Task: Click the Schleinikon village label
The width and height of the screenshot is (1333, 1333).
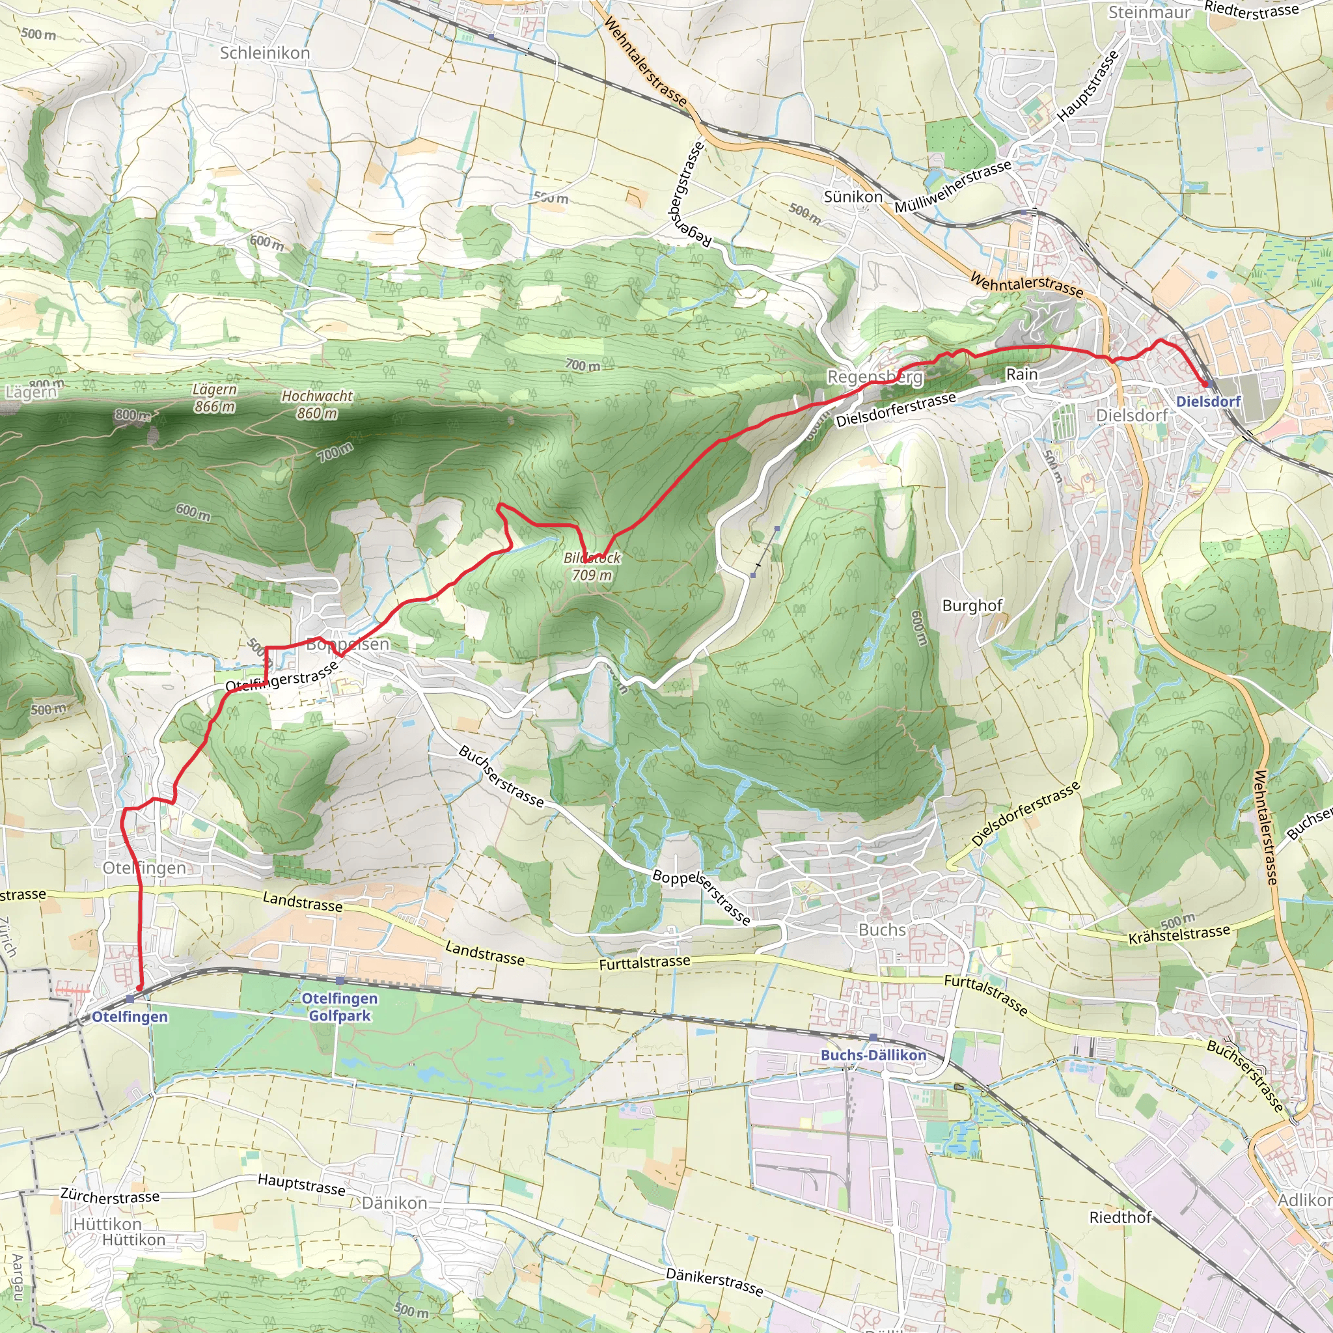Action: [x=265, y=53]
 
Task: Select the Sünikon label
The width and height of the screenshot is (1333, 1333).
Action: [x=853, y=197]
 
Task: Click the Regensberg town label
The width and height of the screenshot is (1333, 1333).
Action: [x=875, y=377]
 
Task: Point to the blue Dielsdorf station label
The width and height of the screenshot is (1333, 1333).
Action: [x=1208, y=401]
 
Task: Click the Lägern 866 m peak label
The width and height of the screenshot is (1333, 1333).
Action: [x=214, y=398]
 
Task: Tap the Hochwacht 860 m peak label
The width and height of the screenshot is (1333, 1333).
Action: [x=317, y=404]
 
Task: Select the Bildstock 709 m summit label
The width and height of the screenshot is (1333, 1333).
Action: [x=592, y=566]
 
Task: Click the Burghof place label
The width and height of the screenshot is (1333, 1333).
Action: [x=972, y=605]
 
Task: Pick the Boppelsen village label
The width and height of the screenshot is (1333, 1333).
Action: [x=348, y=644]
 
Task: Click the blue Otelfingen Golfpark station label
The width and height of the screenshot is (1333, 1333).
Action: [x=340, y=1007]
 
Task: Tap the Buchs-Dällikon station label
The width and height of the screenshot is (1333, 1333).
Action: [x=873, y=1055]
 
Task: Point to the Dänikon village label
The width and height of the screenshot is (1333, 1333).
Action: [x=394, y=1203]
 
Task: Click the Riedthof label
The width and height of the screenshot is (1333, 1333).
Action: [x=1120, y=1217]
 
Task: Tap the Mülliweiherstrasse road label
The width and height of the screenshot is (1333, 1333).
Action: [x=953, y=186]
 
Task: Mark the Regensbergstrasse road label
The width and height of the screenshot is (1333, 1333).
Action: [x=688, y=194]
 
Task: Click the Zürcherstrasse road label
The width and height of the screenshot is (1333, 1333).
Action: [x=110, y=1196]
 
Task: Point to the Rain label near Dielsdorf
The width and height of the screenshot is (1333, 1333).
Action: [x=1021, y=374]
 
